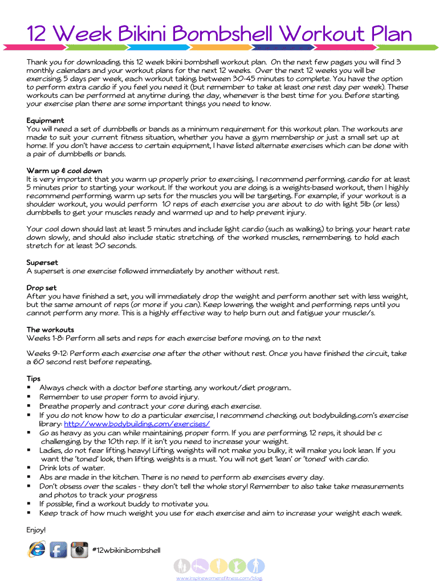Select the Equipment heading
pyautogui.click(x=45, y=121)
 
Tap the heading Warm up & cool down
pyautogui.click(x=64, y=170)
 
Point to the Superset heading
pyautogui.click(x=42, y=262)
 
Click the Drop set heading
pyautogui.click(x=42, y=288)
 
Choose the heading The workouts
pyautogui.click(x=50, y=330)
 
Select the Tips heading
pyautogui.click(x=34, y=379)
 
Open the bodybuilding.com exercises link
pyautogui.click(x=137, y=424)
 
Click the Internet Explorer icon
pyautogui.click(x=37, y=549)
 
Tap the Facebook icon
pyautogui.click(x=58, y=550)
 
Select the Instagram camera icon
pyautogui.click(x=79, y=550)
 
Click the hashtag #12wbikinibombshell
pyautogui.click(x=126, y=550)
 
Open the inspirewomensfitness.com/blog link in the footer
pyautogui.click(x=219, y=578)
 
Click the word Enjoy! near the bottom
pyautogui.click(x=36, y=530)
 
